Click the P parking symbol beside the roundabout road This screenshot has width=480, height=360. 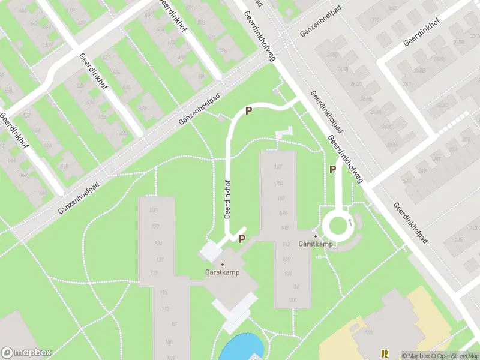click(x=332, y=170)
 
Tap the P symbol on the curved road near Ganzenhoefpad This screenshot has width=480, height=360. click(x=247, y=110)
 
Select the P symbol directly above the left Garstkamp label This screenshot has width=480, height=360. click(x=242, y=239)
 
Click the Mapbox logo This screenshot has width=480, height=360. click(x=26, y=352)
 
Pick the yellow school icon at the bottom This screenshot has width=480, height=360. click(x=384, y=353)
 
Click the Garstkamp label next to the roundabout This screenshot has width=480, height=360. click(x=316, y=244)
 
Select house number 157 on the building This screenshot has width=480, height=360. click(x=278, y=167)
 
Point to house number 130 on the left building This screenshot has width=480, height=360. click(x=154, y=210)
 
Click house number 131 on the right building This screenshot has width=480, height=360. click(x=292, y=300)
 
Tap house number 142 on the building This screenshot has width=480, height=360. click(x=286, y=244)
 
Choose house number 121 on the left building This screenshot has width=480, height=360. click(x=160, y=259)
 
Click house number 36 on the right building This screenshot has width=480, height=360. click(x=296, y=287)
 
